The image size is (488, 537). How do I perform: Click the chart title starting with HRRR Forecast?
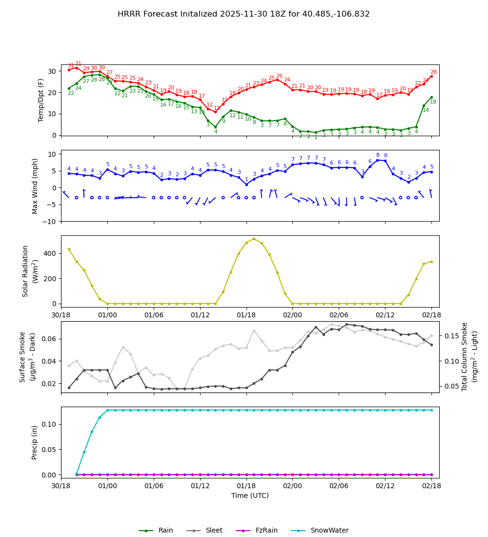[x=244, y=14]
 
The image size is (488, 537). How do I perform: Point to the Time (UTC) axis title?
[x=250, y=496]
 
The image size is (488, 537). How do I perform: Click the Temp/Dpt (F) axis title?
[x=41, y=100]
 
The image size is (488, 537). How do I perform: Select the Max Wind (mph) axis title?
[x=35, y=186]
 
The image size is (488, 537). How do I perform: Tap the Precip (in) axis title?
[x=35, y=442]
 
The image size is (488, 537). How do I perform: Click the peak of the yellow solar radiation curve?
[x=254, y=239]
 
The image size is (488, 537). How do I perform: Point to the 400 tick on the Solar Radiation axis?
[x=51, y=253]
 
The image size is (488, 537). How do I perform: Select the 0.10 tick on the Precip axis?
[x=49, y=424]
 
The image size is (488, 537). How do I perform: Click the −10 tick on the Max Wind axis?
[x=50, y=222]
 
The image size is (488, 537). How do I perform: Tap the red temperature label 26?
[x=279, y=76]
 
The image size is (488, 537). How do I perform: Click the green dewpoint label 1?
[x=316, y=138]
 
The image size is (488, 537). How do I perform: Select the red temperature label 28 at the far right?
[x=433, y=72]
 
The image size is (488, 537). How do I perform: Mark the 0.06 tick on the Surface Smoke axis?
[x=49, y=339]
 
